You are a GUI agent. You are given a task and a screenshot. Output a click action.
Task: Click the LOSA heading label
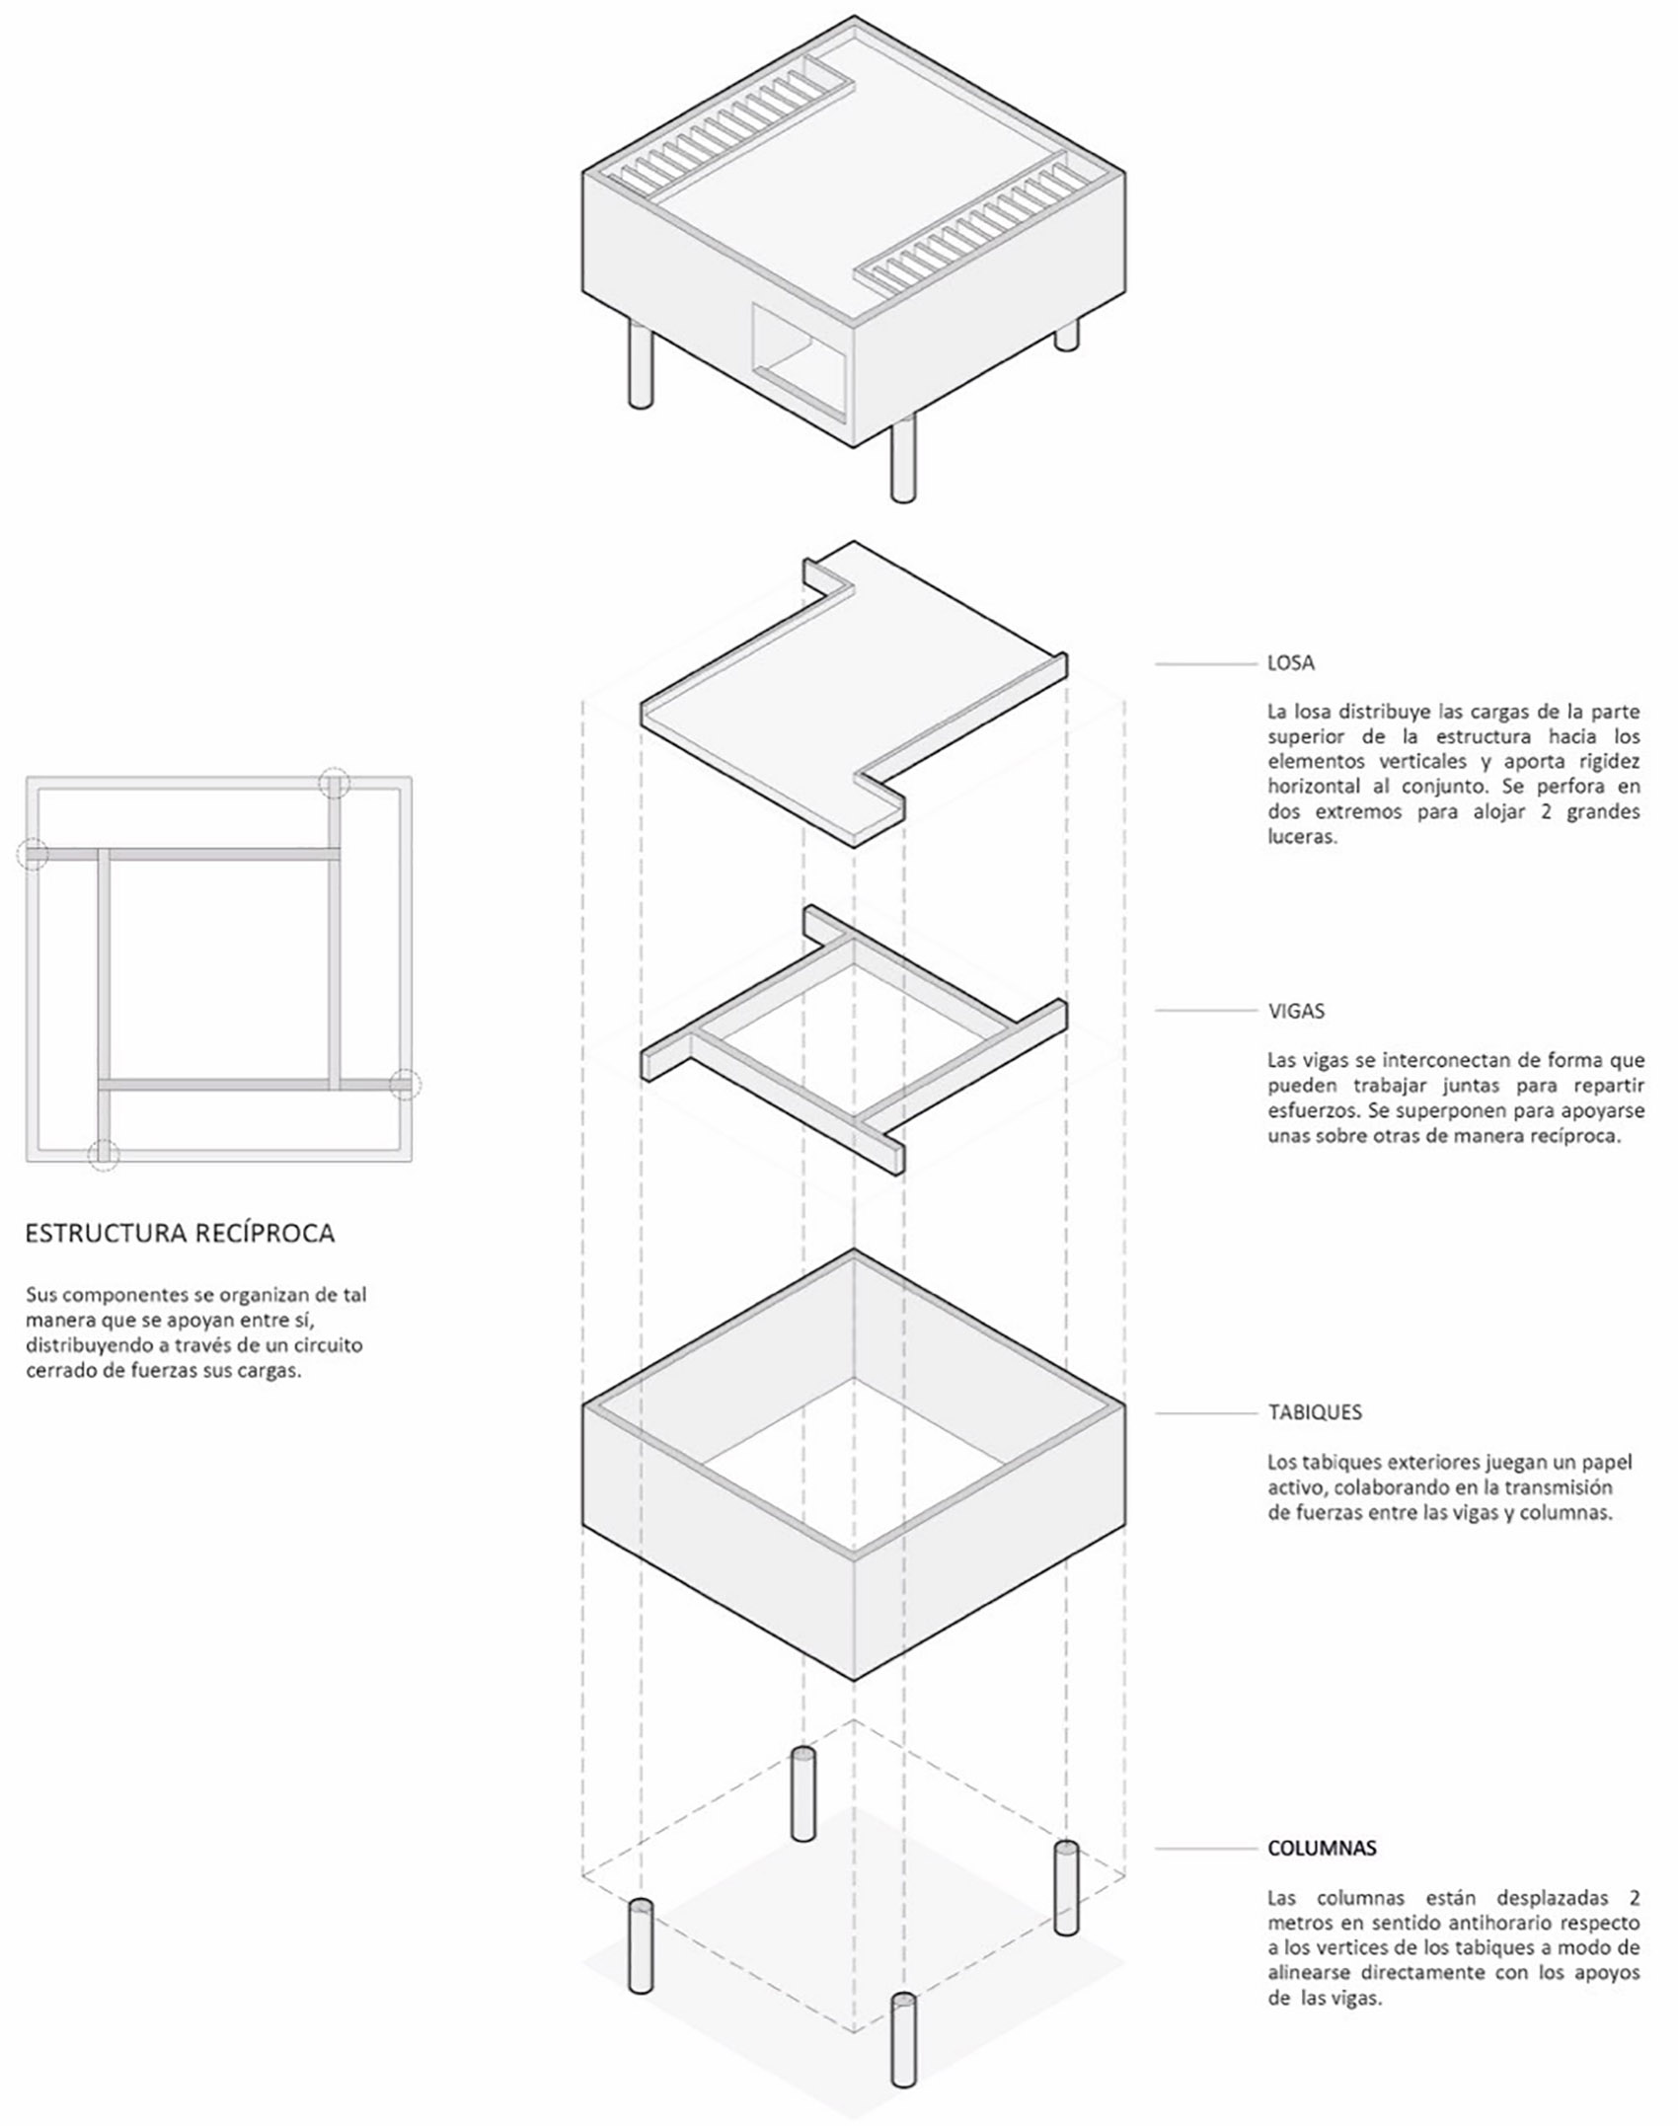1290,663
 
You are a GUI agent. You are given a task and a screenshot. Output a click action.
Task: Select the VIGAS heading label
1296,1011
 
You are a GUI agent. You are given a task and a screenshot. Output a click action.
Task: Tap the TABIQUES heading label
1315,1412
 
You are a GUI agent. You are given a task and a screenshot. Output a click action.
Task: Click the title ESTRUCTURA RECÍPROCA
180,1233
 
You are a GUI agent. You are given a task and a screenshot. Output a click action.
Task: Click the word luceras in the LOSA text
1302,838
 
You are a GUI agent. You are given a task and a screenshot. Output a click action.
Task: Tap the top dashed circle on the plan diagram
335,783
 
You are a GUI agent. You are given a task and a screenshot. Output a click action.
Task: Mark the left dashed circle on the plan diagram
34,854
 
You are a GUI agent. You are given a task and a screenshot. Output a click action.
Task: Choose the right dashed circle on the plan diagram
404,1084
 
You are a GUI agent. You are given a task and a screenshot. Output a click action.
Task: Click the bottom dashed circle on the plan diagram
103,1154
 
